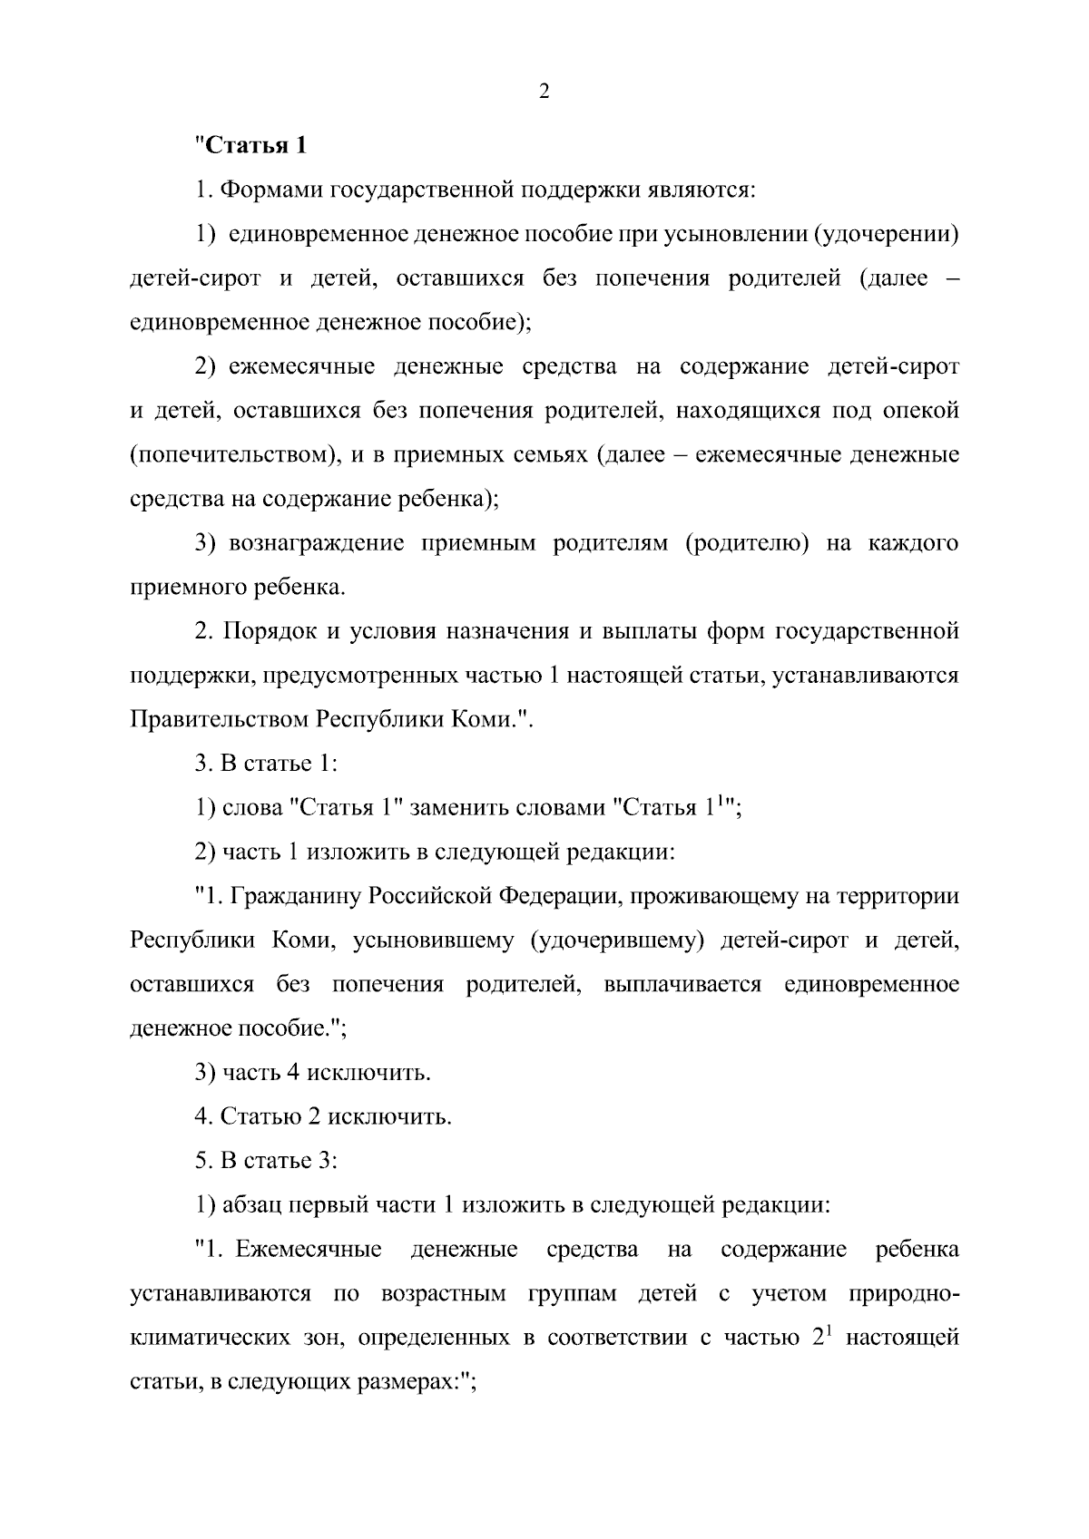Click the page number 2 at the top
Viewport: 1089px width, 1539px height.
click(544, 92)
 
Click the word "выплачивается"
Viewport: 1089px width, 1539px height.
click(682, 985)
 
